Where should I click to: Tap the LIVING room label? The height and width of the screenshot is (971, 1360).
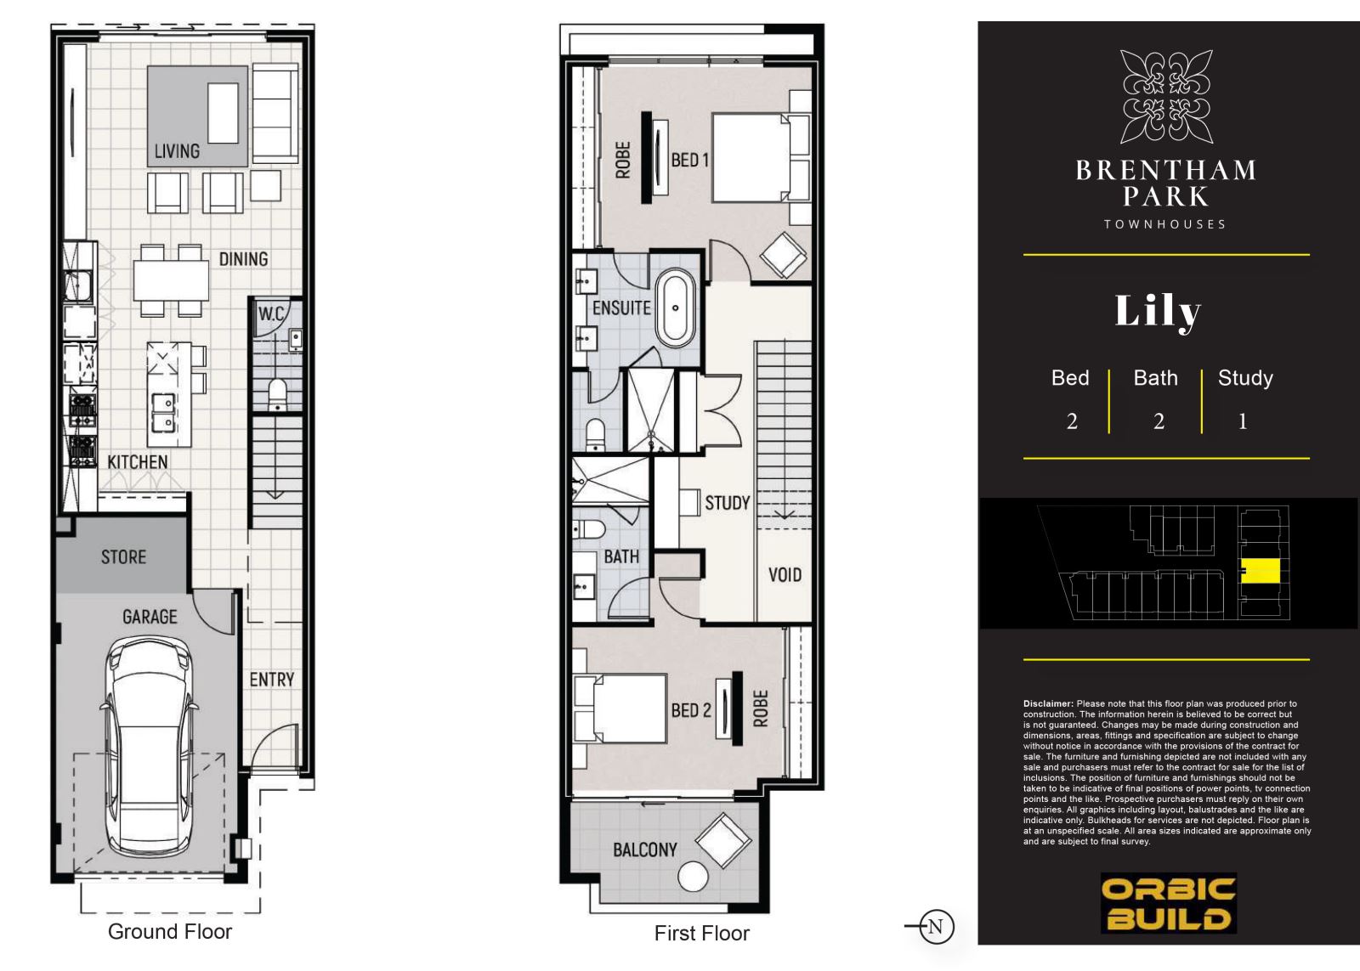pos(177,151)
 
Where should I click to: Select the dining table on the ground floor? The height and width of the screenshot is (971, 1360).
pos(171,279)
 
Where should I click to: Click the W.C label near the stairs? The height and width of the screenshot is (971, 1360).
pos(271,313)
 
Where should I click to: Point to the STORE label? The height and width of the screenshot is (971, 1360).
pos(123,557)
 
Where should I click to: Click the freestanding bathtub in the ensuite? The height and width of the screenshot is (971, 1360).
pos(675,308)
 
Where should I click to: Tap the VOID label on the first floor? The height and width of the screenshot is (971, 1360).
pos(785,575)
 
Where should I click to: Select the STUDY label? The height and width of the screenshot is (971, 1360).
pos(728,503)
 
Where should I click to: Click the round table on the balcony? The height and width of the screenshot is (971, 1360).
pos(693,877)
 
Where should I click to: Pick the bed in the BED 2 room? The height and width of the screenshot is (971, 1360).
pos(620,708)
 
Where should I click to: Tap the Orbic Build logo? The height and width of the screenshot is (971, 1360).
pos(1168,903)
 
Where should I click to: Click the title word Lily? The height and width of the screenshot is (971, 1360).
pos(1157,312)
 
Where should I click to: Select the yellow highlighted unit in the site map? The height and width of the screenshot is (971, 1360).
pos(1261,571)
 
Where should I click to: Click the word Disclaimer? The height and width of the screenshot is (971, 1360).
pos(1048,704)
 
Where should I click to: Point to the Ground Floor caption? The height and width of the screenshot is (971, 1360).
pos(170,932)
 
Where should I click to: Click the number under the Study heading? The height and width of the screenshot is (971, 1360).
pos(1243,421)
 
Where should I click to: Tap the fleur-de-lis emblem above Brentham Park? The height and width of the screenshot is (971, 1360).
pos(1166,97)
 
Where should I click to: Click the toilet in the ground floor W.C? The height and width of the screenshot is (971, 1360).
pos(277,394)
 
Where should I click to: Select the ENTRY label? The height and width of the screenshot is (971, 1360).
pos(271,680)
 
